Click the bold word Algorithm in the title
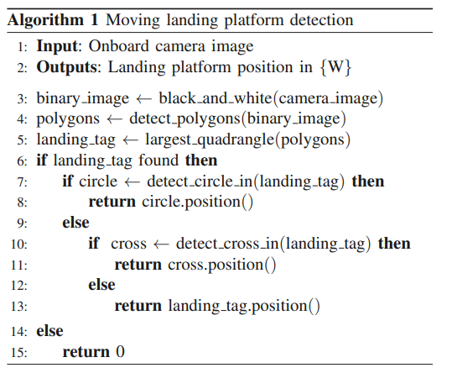point(45,21)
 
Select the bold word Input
point(57,46)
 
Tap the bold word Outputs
point(68,67)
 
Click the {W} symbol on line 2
point(335,67)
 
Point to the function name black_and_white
point(215,99)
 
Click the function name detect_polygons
point(184,119)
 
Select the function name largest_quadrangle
point(210,140)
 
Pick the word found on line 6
point(158,160)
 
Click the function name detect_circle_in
point(200,181)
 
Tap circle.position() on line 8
point(197,202)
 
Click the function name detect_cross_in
point(227,244)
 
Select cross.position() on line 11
point(222,265)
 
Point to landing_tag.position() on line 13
point(244,307)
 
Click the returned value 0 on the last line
point(120,352)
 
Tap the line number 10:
point(19,244)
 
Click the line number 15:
point(19,353)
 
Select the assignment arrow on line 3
point(143,100)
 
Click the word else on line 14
point(49,331)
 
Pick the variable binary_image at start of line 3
point(83,99)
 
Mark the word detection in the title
point(321,21)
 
